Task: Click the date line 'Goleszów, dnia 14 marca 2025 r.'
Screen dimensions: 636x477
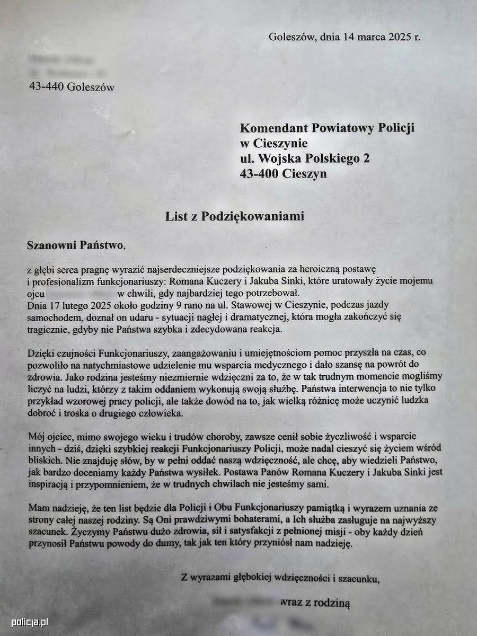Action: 344,37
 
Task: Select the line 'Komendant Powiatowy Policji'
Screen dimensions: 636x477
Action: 327,128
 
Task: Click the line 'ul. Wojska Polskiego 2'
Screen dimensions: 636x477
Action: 305,158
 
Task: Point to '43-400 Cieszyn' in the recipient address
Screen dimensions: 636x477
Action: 284,174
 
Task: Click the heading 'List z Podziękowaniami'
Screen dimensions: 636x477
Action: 234,216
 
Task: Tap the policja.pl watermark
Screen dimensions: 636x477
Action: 30,622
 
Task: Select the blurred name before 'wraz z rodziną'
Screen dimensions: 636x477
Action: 243,603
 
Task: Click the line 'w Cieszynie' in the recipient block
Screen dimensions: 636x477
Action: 273,143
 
